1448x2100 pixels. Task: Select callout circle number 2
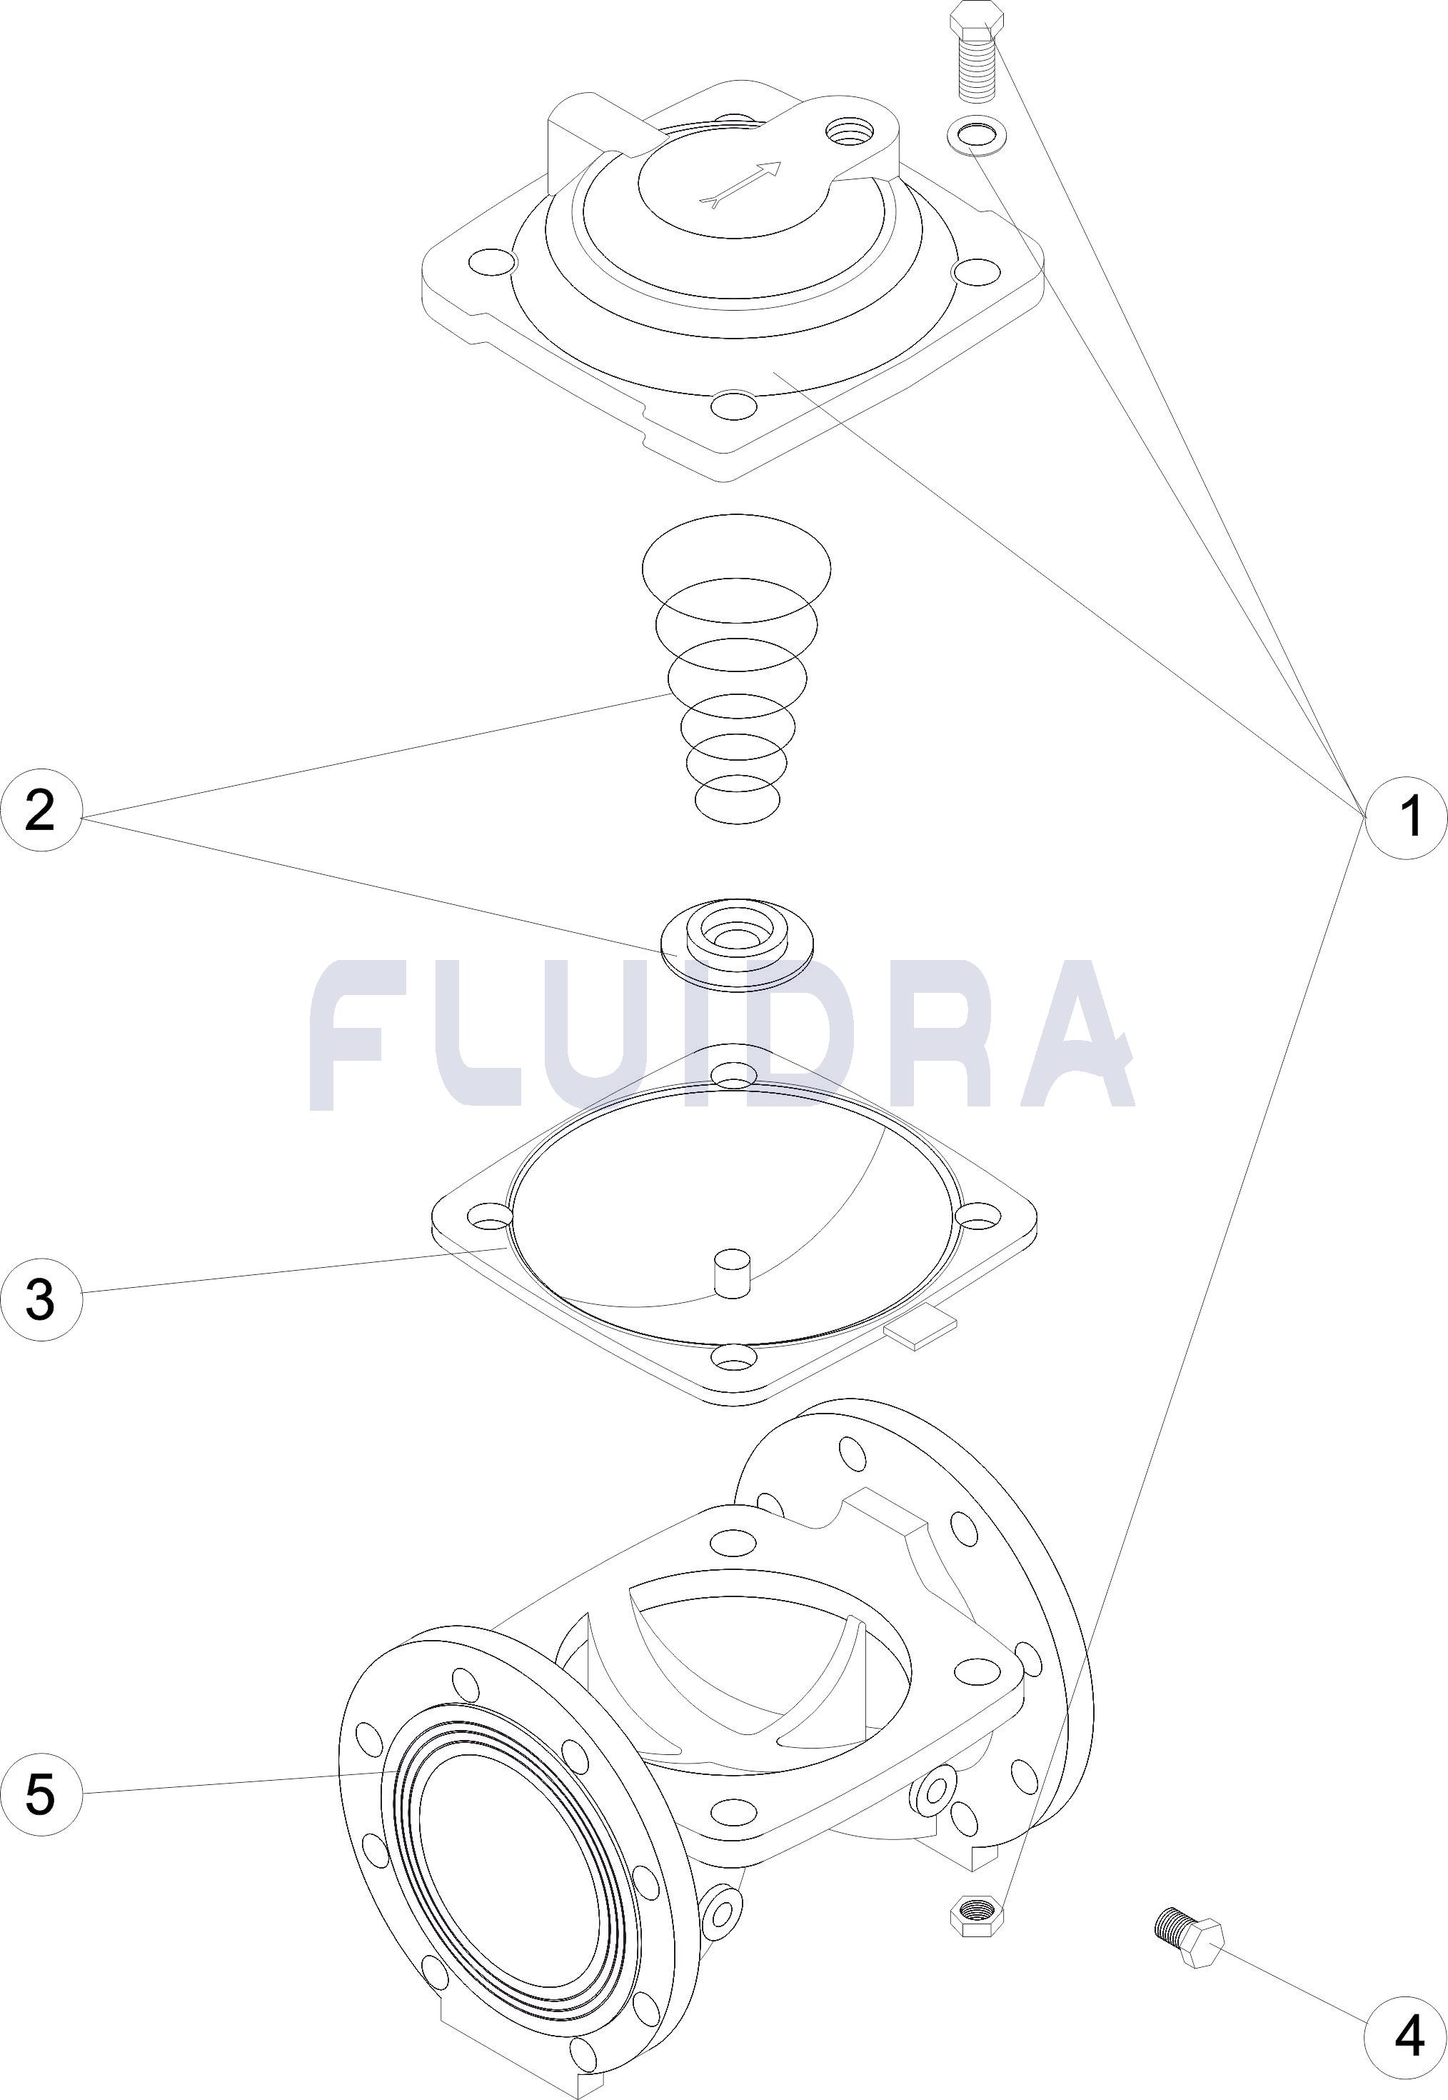point(41,811)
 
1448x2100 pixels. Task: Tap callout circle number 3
point(41,1299)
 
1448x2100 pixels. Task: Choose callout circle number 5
point(41,1769)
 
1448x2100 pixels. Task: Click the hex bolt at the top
point(978,51)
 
